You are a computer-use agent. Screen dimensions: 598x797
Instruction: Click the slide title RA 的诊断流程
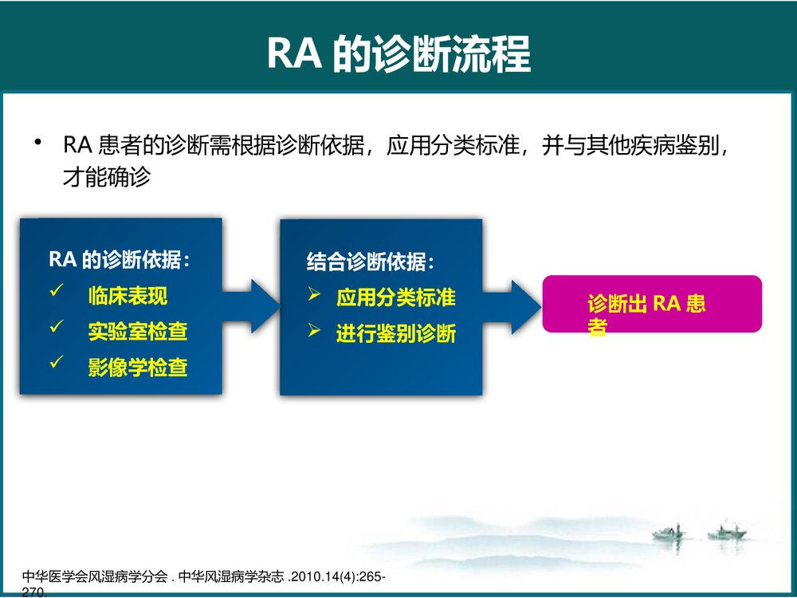[398, 54]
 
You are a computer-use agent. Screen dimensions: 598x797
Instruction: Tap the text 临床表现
[128, 297]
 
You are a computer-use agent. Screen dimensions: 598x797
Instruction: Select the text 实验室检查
[138, 332]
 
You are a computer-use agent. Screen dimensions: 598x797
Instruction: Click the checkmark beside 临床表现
[56, 293]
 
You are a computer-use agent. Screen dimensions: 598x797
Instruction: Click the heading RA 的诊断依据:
[120, 260]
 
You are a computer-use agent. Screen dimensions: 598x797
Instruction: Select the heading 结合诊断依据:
[371, 262]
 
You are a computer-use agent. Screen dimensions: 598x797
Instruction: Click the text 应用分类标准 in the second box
[395, 298]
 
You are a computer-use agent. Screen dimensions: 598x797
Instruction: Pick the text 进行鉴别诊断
[395, 333]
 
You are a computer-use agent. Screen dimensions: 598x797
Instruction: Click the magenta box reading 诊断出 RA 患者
[652, 304]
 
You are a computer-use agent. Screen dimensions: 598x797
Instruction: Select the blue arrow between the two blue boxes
[253, 306]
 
